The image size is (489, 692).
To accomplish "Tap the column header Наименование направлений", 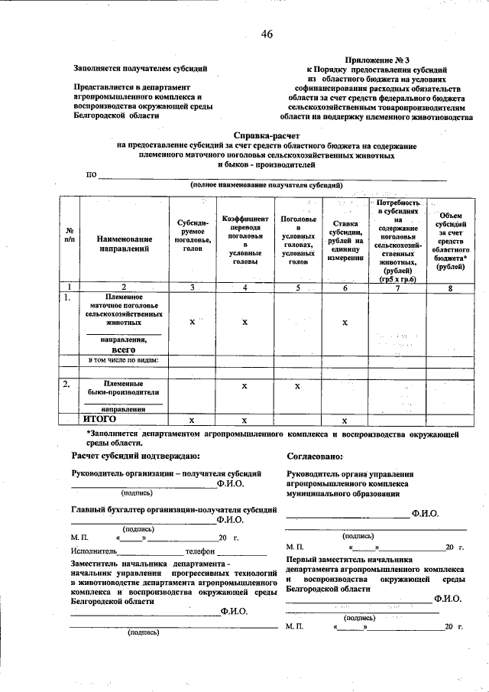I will pyautogui.click(x=124, y=244).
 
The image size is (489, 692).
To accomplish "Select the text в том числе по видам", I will pyautogui.click(x=124, y=359).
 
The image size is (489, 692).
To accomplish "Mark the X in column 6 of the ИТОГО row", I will pyautogui.click(x=345, y=421).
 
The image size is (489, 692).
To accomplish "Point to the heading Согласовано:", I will pyautogui.click(x=316, y=456).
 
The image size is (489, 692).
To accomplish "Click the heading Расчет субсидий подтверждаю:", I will pyautogui.click(x=135, y=456).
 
